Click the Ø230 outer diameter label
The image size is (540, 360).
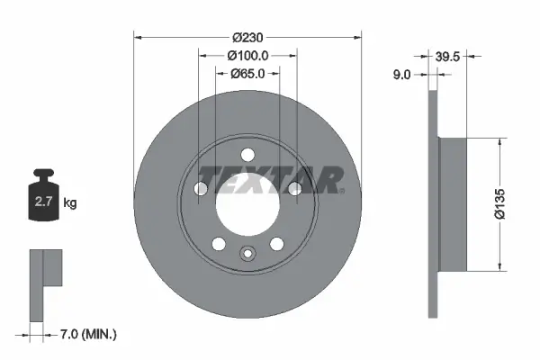(247, 38)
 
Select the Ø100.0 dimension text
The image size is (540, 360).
(247, 56)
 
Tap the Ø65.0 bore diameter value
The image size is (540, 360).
(247, 74)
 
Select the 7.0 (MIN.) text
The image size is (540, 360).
(87, 335)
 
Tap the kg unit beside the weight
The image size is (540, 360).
(70, 203)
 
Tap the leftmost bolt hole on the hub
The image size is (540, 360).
(202, 188)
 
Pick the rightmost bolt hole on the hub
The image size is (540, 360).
(293, 188)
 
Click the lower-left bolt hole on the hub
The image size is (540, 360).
(218, 242)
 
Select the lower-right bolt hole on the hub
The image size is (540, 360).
(278, 242)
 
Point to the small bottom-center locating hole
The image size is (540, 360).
(247, 252)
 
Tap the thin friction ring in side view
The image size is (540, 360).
(433, 204)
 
